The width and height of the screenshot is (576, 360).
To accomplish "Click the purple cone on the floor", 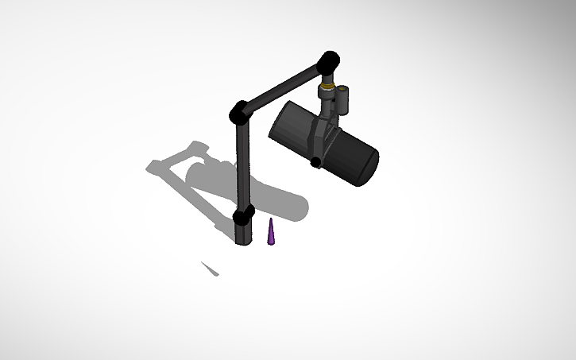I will (272, 234).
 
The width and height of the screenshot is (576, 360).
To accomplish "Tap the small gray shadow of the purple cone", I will (210, 269).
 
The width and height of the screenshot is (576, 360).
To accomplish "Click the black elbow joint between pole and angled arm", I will (239, 113).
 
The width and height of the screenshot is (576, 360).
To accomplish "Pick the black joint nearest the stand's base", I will (243, 215).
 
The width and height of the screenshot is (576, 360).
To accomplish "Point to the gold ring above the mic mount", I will (327, 82).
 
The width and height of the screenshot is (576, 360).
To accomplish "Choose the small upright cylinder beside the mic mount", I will (346, 98).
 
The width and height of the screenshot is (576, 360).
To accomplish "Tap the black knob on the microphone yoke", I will (316, 162).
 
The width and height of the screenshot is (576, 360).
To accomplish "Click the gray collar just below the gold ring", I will (327, 92).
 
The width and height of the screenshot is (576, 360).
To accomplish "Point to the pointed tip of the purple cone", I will (272, 219).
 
